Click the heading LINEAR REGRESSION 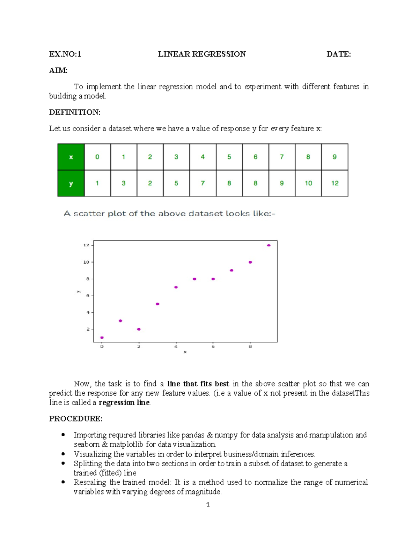click(x=202, y=54)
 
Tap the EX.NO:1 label click(x=65, y=54)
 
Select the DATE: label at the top click(x=338, y=54)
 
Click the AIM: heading click(x=58, y=70)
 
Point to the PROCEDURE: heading click(x=75, y=419)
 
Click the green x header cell click(x=71, y=157)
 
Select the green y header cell click(x=71, y=183)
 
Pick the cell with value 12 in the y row click(x=335, y=183)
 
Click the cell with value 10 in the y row click(x=308, y=183)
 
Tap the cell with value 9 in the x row click(x=335, y=157)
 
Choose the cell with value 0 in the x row click(x=97, y=157)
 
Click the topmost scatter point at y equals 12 click(x=269, y=245)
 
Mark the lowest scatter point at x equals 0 click(x=102, y=337)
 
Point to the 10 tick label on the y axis click(x=86, y=262)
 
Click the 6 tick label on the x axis click(x=213, y=347)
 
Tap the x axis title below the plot click(x=185, y=352)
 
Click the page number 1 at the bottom click(x=208, y=505)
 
